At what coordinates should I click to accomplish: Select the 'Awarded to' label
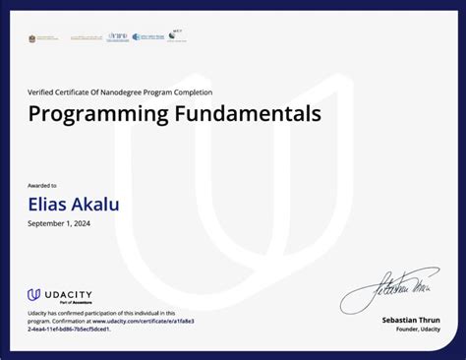[x=42, y=185]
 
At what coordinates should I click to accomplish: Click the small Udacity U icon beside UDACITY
[x=33, y=294]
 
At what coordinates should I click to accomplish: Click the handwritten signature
[x=387, y=289]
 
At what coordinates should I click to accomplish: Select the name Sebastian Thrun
[x=411, y=321]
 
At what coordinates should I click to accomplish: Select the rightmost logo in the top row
[x=177, y=34]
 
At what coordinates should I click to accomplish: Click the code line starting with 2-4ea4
[x=69, y=329]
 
